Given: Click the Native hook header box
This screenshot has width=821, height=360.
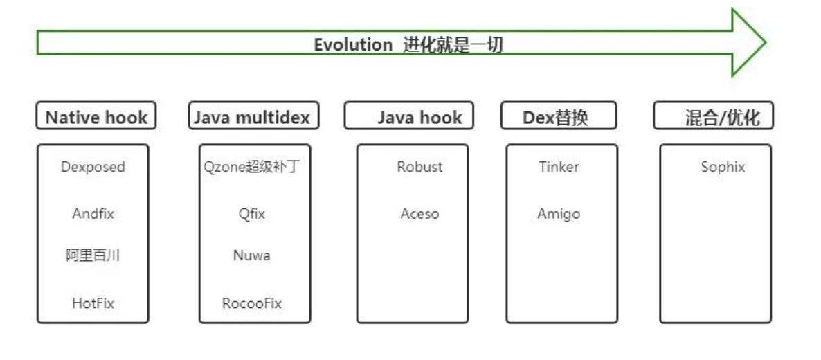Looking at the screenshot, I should [x=96, y=117].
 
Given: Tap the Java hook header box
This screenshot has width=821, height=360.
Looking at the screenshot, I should [x=409, y=117].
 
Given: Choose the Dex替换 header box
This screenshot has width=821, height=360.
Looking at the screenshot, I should [x=558, y=117].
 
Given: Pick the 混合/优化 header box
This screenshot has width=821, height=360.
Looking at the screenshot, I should [x=713, y=117].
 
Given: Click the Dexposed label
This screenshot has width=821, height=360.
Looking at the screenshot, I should [x=93, y=167].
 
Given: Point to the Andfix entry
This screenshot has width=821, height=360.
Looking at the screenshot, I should [x=93, y=214].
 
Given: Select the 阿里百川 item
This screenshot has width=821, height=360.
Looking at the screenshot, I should [x=93, y=256].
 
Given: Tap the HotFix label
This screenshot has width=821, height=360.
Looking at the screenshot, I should [x=93, y=303].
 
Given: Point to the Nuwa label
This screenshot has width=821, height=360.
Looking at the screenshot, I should [x=252, y=256].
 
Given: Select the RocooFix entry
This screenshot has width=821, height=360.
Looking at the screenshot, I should [x=252, y=303].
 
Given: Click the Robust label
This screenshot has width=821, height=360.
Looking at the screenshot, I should [x=419, y=167].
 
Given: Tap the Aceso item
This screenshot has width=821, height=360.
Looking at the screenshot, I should [x=419, y=214].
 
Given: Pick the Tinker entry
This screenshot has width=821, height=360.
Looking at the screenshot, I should [x=559, y=167].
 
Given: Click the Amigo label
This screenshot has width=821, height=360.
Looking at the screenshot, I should [x=559, y=214].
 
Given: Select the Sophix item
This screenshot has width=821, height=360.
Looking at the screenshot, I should [x=723, y=167].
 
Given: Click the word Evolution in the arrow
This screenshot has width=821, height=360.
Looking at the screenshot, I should [x=353, y=46].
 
